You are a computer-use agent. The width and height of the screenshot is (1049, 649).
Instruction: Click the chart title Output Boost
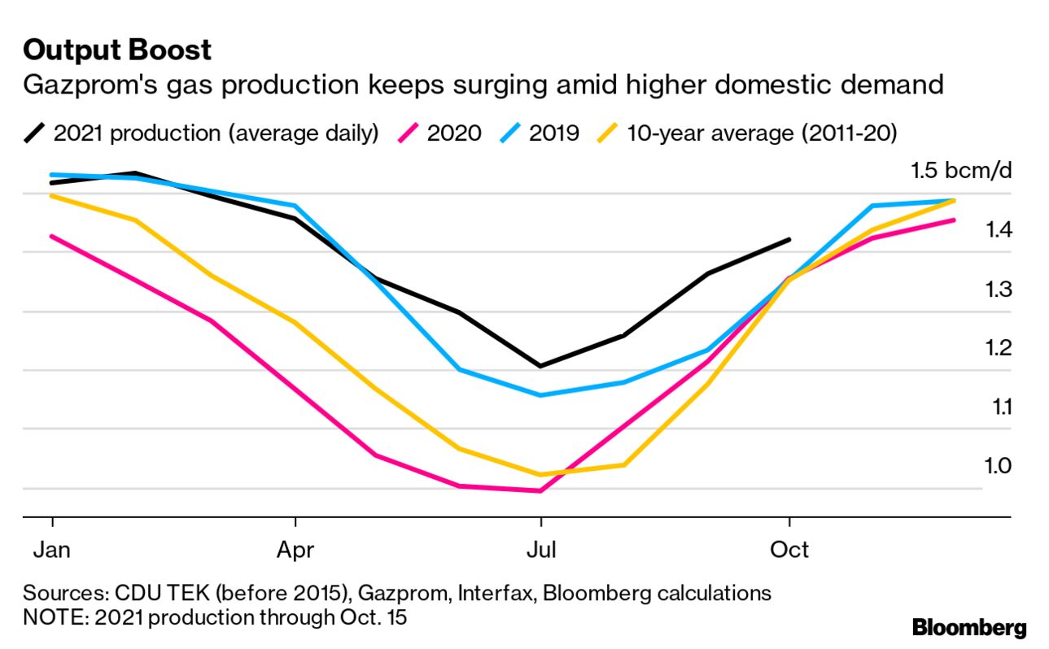pos(117,50)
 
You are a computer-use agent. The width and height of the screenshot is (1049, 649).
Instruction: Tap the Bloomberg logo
pos(968,628)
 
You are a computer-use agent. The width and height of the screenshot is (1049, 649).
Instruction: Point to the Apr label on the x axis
pos(295,551)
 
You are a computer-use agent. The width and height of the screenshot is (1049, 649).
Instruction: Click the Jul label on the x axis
pos(540,551)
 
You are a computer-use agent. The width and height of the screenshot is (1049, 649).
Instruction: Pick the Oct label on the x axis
pos(789,551)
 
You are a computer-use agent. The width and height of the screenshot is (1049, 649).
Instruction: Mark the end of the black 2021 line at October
pos(789,240)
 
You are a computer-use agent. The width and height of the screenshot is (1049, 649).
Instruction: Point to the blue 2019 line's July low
pos(540,395)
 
